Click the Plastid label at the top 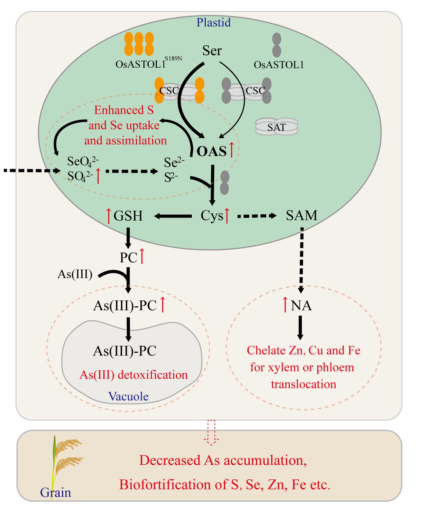click(214, 22)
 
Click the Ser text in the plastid click(212, 50)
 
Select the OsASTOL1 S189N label click(149, 64)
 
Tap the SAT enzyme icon click(277, 126)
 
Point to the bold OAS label click(212, 152)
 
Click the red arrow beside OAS click(231, 150)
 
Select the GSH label click(128, 216)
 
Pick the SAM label click(301, 216)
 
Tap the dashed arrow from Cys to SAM click(256, 216)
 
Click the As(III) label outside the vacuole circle click(75, 274)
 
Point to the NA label click(301, 305)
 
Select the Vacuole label click(129, 396)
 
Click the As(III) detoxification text click(134, 375)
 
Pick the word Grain click(56, 493)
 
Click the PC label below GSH click(129, 258)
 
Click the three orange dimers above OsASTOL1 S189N click(139, 44)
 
